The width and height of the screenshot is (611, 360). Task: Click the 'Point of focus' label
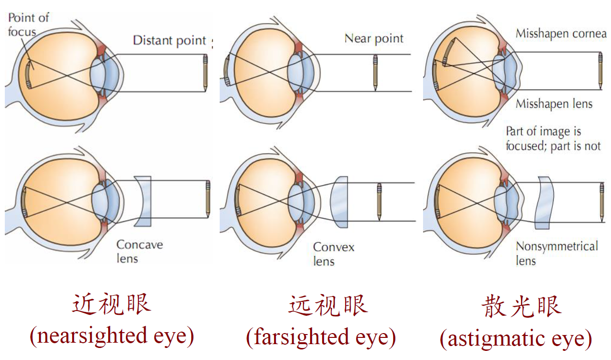tap(28, 25)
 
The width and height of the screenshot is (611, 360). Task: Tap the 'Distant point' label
tap(169, 40)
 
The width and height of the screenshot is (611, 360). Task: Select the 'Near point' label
tap(374, 38)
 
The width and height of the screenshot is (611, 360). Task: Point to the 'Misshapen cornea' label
tap(561, 34)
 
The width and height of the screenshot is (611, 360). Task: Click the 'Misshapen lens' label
tap(554, 104)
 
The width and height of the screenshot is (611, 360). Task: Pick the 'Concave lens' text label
tap(139, 251)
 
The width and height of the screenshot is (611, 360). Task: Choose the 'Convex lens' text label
tap(334, 254)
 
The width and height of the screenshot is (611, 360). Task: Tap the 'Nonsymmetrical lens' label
tap(557, 253)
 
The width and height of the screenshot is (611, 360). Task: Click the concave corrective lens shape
tap(143, 201)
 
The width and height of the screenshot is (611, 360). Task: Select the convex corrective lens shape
tap(339, 202)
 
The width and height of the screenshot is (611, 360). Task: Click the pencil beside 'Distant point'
tap(205, 72)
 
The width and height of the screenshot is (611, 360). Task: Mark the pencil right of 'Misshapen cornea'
tap(600, 70)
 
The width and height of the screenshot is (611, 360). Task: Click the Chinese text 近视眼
tap(112, 305)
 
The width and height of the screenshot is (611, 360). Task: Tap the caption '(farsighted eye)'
tap(321, 337)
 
